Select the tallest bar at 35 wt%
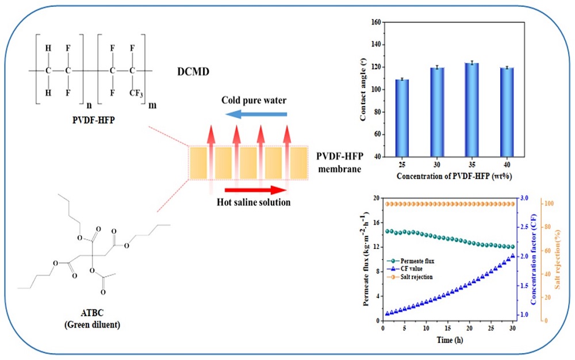pos(471,109)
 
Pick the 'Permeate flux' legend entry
pos(409,261)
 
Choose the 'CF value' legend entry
pos(406,269)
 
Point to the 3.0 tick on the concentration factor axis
pos(524,197)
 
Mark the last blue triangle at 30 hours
pos(513,256)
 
